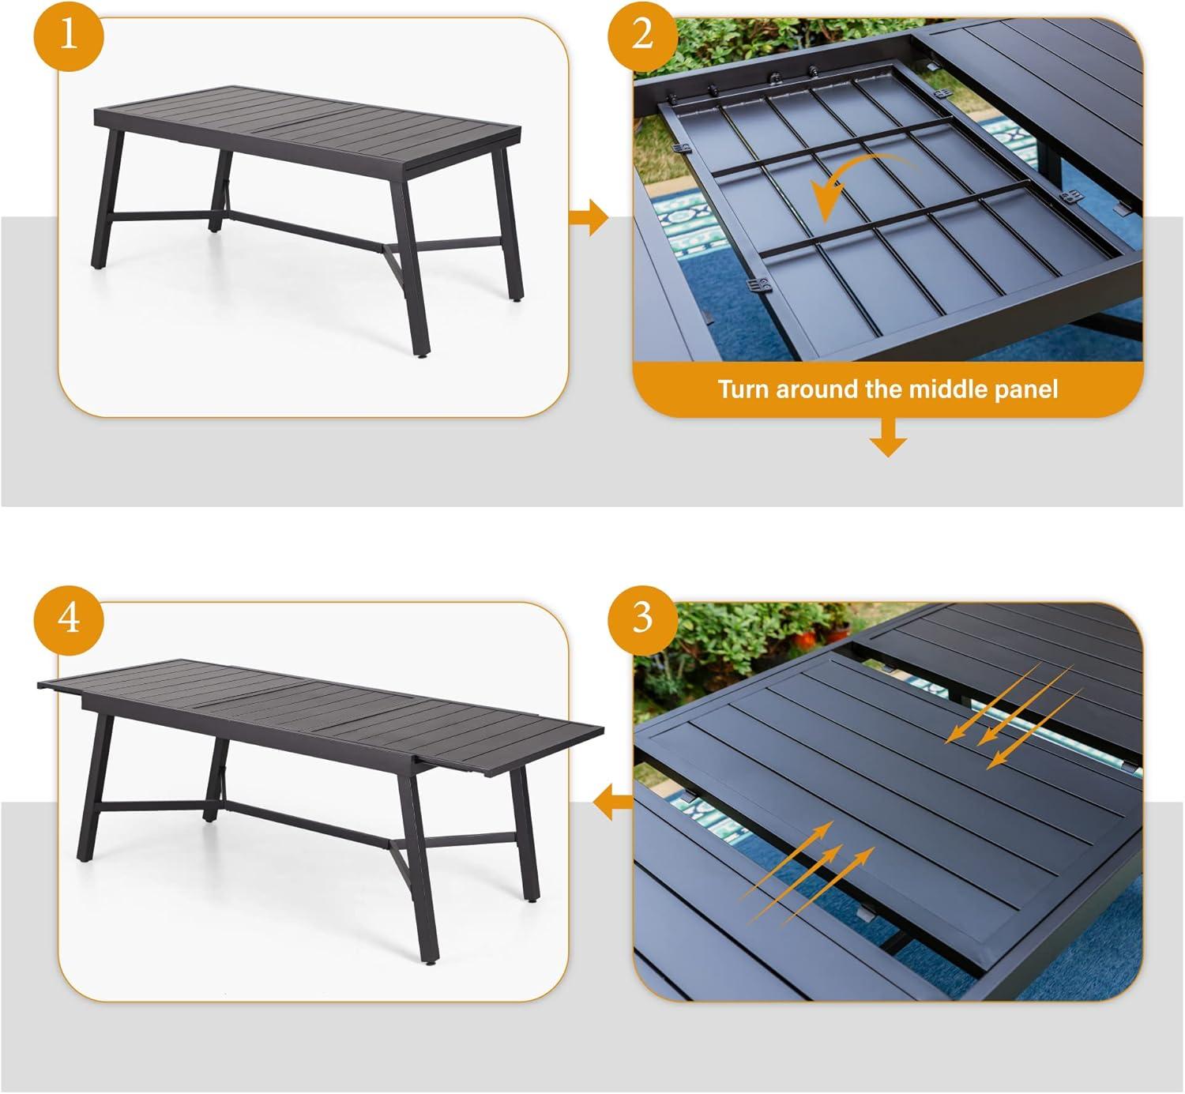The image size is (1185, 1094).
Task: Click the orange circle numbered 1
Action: [x=69, y=36]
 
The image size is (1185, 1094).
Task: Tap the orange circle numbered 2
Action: [x=643, y=36]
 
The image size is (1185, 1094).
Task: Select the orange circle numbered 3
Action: [x=643, y=619]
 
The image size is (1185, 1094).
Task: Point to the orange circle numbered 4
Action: [x=69, y=619]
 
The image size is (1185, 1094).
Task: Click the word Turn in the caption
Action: [x=743, y=389]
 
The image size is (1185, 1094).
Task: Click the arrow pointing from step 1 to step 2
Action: [x=589, y=218]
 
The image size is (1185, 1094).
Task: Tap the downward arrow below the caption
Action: [x=888, y=438]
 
